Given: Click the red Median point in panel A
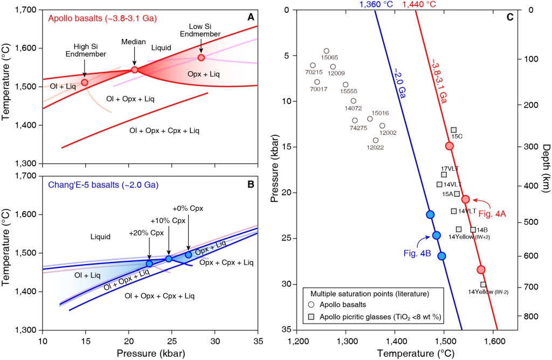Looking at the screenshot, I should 135,70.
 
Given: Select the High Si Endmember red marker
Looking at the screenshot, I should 85,82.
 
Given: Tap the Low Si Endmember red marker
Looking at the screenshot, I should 201,58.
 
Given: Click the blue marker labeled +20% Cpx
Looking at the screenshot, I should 149,264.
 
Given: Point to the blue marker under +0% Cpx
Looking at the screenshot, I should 188,255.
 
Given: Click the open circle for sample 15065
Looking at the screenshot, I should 326,51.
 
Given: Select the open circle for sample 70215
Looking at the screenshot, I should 313,65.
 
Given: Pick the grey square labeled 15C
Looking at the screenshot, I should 454,130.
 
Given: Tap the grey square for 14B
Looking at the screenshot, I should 473,230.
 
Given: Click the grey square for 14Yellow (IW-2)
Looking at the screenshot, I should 483,285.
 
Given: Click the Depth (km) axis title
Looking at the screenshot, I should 545,168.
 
